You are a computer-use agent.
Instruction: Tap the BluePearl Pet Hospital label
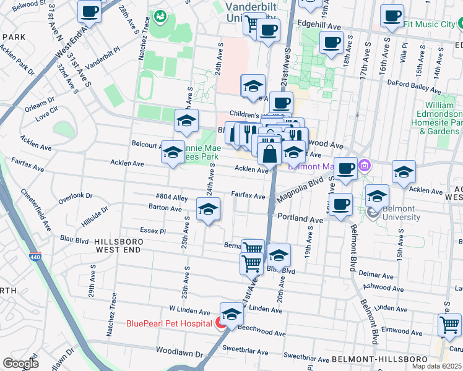pos(170,323)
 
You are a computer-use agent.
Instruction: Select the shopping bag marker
pos(270,154)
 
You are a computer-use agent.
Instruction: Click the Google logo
pos(21,363)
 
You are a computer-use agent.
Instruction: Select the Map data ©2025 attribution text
pos(436,366)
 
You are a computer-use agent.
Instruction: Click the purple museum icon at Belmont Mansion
pos(365,165)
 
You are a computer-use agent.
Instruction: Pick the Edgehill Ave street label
pos(319,27)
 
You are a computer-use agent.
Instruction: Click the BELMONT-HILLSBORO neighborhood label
pos(379,359)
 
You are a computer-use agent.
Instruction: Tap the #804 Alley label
pos(172,197)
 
